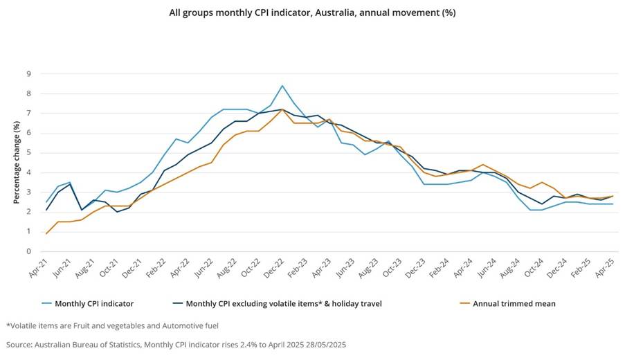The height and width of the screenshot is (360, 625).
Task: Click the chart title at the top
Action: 312,12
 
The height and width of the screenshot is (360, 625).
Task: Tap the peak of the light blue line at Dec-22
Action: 282,86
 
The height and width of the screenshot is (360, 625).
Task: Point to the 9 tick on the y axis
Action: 28,73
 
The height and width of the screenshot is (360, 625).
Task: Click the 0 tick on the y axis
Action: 28,251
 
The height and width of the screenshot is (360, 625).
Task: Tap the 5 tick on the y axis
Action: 28,152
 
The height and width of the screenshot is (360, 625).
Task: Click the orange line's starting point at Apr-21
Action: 46,233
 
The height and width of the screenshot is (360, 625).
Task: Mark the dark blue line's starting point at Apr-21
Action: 46,210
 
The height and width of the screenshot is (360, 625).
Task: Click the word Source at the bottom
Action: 19,343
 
